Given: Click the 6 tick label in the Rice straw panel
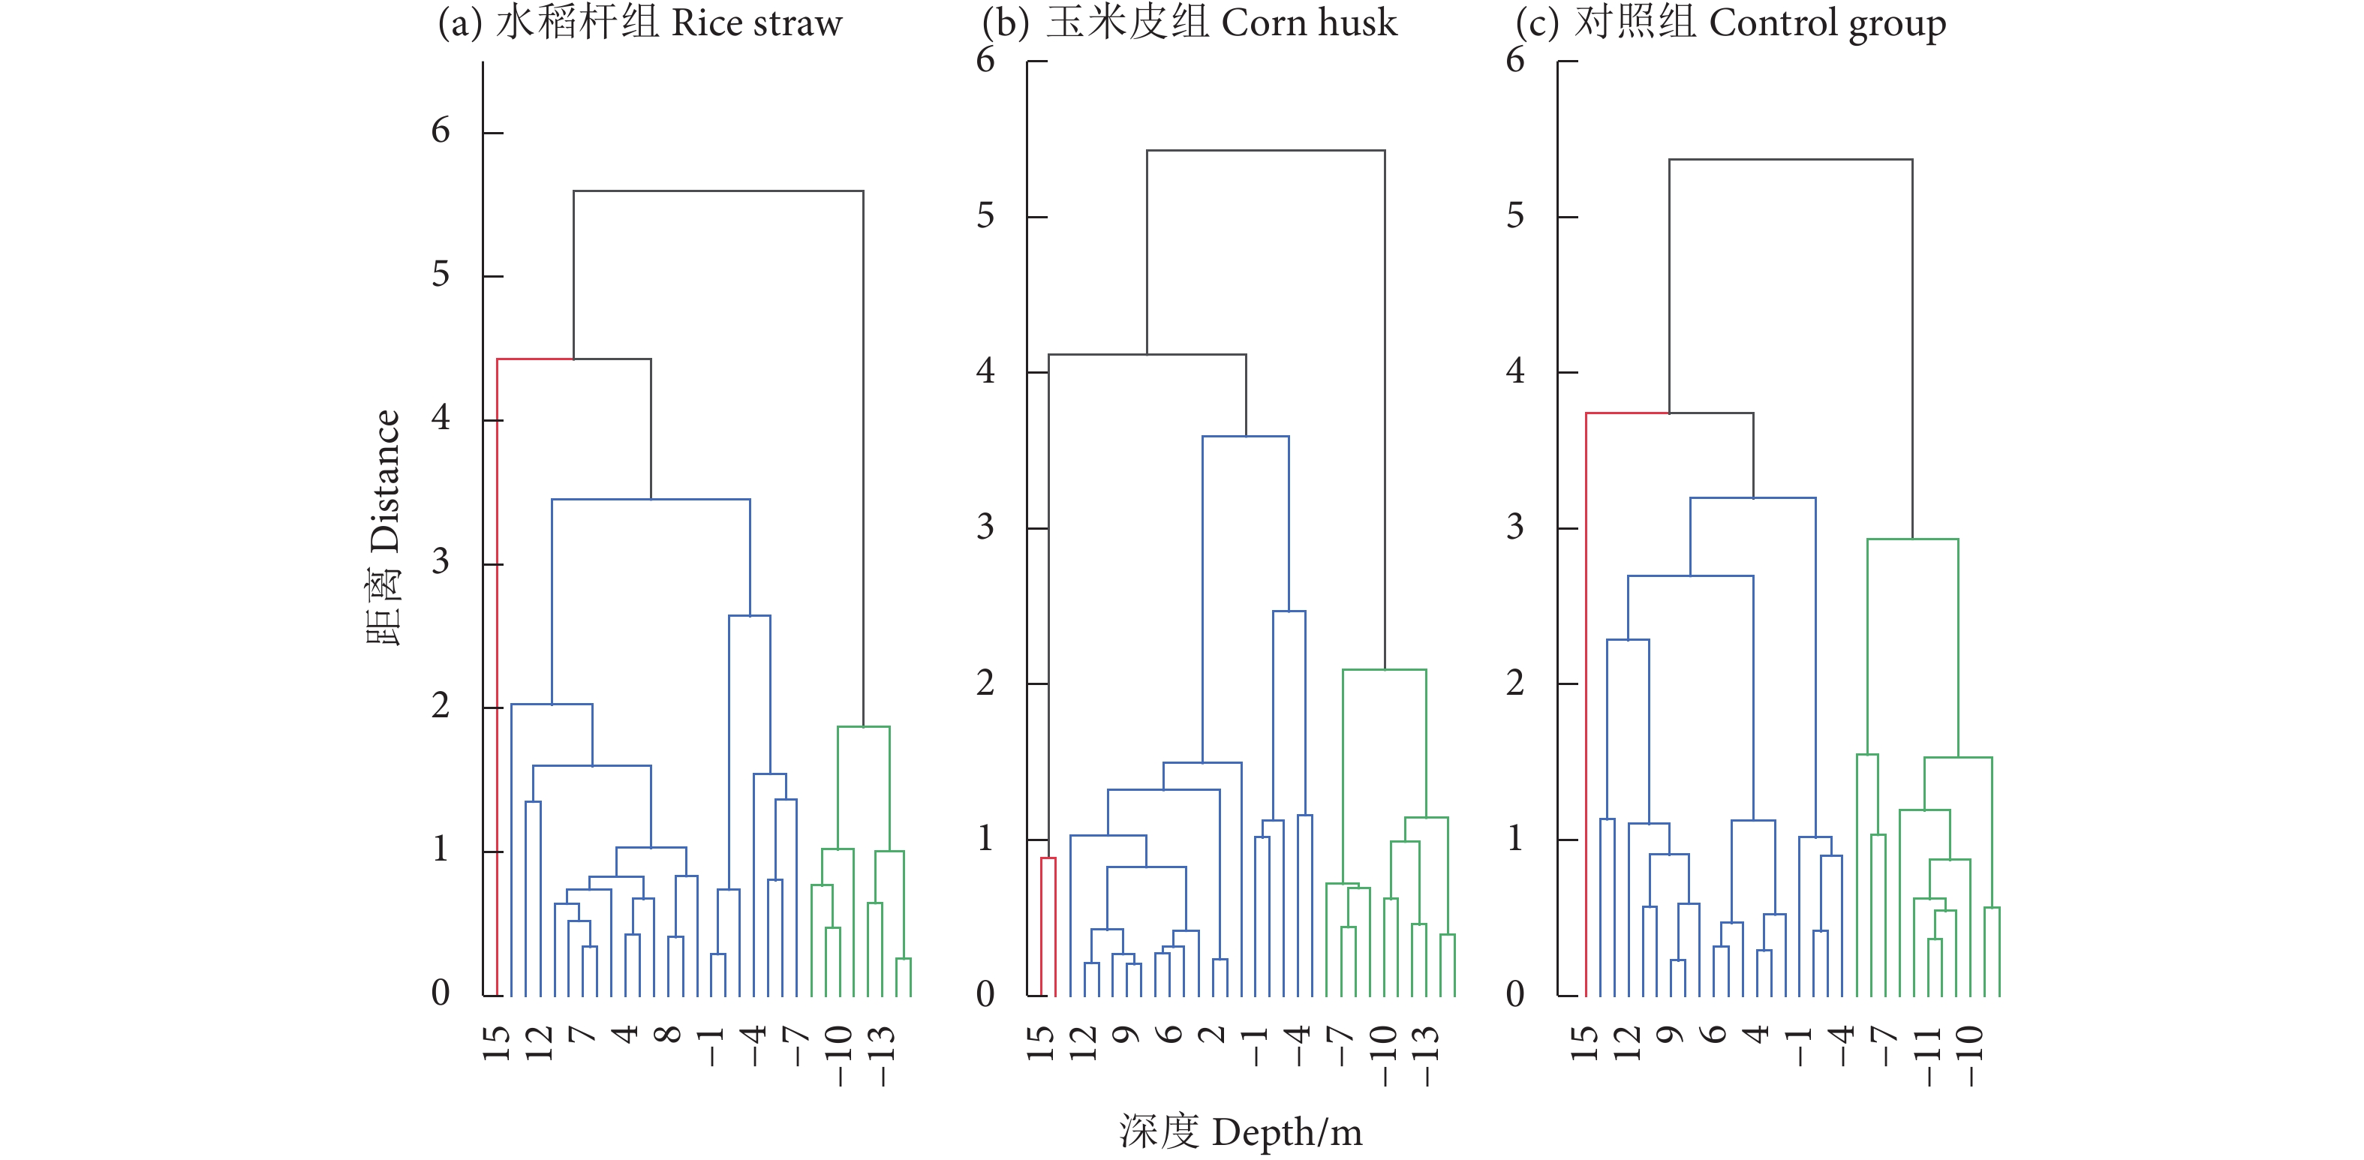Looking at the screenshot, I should pos(441,131).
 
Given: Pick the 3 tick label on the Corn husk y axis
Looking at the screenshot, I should pos(985,527).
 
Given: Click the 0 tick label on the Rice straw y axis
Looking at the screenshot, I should pos(441,993).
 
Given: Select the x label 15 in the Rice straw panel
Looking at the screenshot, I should pos(495,1044).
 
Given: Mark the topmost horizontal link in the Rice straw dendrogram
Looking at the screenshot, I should pos(717,191).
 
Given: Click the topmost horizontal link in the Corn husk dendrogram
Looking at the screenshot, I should pos(1265,151).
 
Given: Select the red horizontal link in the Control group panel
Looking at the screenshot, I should pos(1627,413).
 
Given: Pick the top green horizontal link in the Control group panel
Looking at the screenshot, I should pos(1912,539).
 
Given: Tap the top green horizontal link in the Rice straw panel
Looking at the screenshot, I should pos(864,727).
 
